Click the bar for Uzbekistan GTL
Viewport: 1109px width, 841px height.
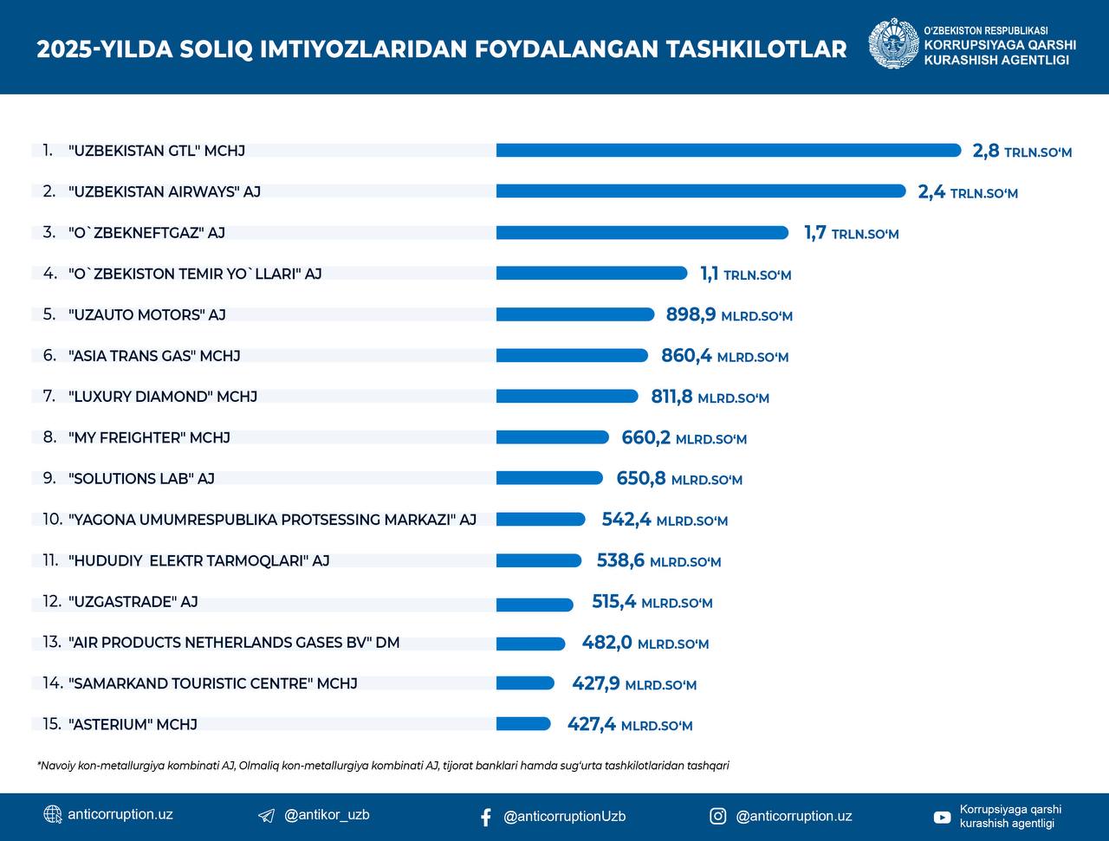coord(728,151)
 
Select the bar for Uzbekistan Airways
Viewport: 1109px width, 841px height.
coord(700,191)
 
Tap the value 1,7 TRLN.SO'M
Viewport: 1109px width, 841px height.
coord(851,233)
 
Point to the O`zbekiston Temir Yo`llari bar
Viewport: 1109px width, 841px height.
coord(592,274)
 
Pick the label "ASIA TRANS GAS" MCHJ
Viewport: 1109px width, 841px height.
coord(154,356)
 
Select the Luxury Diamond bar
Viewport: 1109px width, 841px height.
coord(567,397)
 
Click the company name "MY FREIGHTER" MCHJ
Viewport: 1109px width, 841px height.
coord(149,438)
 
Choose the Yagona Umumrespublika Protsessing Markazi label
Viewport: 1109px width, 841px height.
coord(272,520)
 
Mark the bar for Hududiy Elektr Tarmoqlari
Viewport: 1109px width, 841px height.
coord(538,561)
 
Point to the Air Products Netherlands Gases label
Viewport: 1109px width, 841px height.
coord(234,643)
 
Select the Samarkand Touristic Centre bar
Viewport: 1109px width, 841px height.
coord(525,683)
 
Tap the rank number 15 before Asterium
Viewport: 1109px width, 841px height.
coord(51,724)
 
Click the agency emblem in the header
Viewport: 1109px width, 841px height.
coord(893,44)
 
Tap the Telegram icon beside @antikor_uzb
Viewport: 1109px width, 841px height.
coord(267,816)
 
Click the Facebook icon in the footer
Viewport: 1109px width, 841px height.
coord(485,817)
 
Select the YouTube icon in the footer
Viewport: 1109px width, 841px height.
coord(942,817)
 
